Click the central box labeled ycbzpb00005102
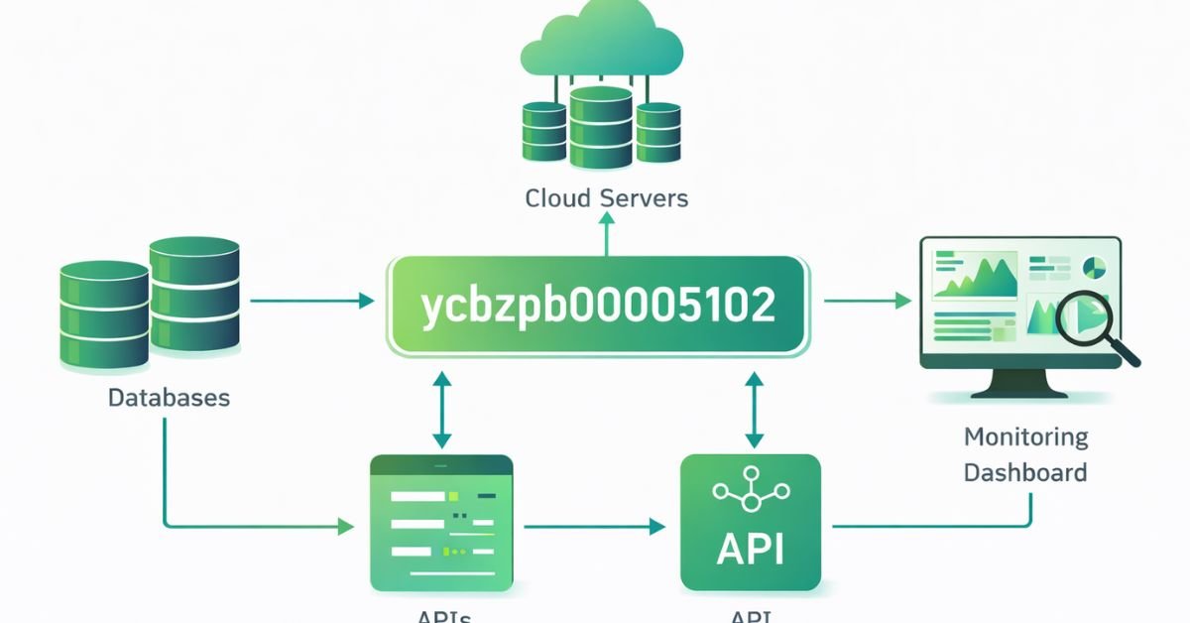coord(598,306)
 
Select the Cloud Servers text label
coord(606,198)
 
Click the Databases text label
coord(169,399)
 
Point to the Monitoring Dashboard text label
coord(1025,454)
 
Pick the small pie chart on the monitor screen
coord(1095,267)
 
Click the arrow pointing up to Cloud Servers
coord(606,234)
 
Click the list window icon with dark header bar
coord(441,523)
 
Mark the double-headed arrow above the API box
coord(754,410)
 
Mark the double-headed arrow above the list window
coord(442,410)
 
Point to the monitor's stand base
coord(1019,390)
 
